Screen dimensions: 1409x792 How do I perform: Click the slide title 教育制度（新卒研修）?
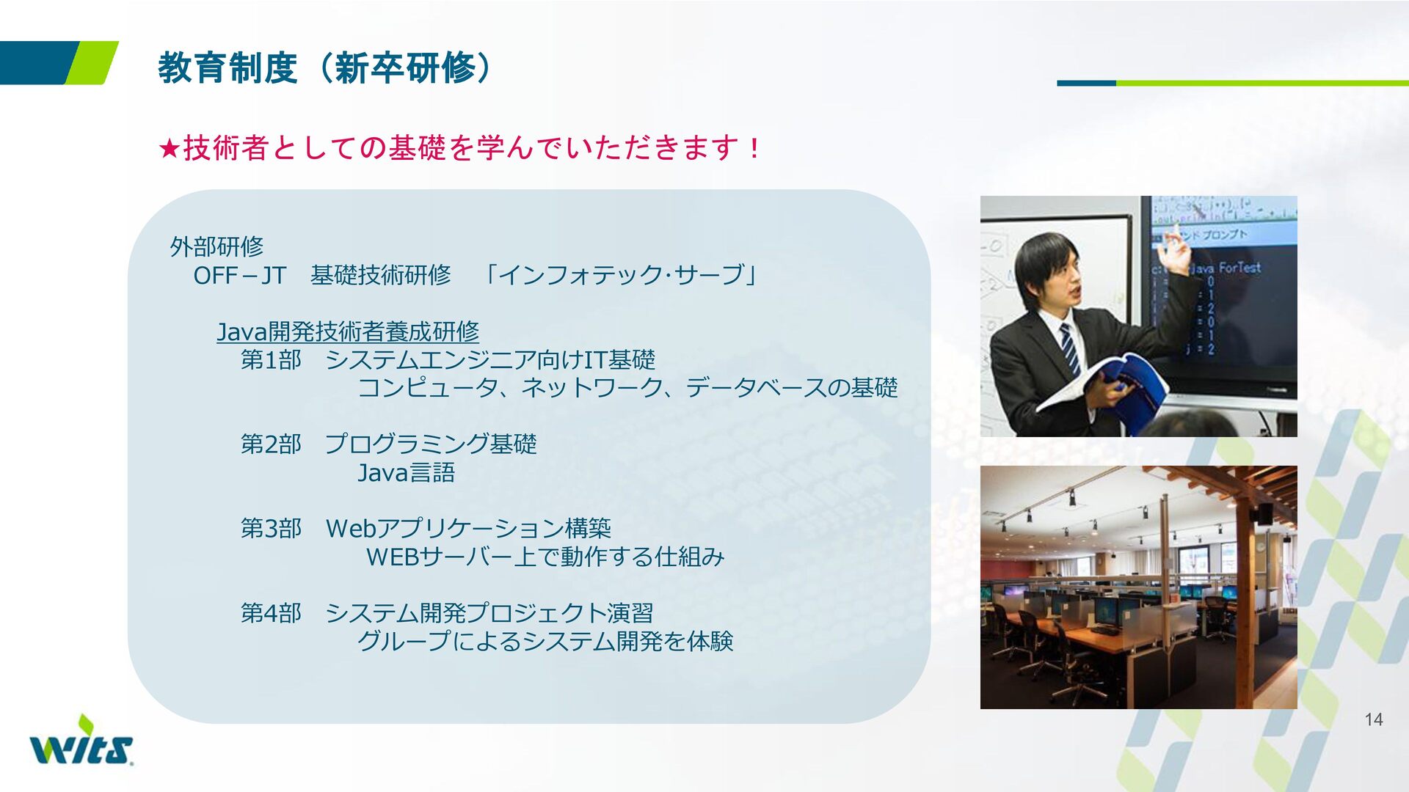click(325, 68)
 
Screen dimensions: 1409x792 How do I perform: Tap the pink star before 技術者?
click(170, 149)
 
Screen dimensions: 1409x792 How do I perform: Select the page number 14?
click(1374, 719)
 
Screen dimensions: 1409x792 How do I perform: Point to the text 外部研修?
click(216, 246)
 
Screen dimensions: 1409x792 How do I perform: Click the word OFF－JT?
click(239, 276)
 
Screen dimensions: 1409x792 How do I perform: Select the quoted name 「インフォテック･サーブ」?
click(621, 276)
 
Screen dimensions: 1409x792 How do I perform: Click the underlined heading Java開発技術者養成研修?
click(348, 331)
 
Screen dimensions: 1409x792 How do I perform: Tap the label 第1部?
click(271, 360)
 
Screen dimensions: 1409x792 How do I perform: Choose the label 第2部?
click(271, 444)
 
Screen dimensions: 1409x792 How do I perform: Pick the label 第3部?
click(271, 529)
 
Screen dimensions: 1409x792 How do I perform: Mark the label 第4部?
click(271, 613)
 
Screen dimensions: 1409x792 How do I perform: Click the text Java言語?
click(406, 473)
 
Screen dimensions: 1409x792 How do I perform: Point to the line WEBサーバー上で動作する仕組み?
click(545, 557)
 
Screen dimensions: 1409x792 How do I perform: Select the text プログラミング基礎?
click(431, 444)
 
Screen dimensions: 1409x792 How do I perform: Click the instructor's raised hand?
click(1176, 254)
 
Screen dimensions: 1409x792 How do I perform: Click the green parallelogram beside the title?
click(92, 63)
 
